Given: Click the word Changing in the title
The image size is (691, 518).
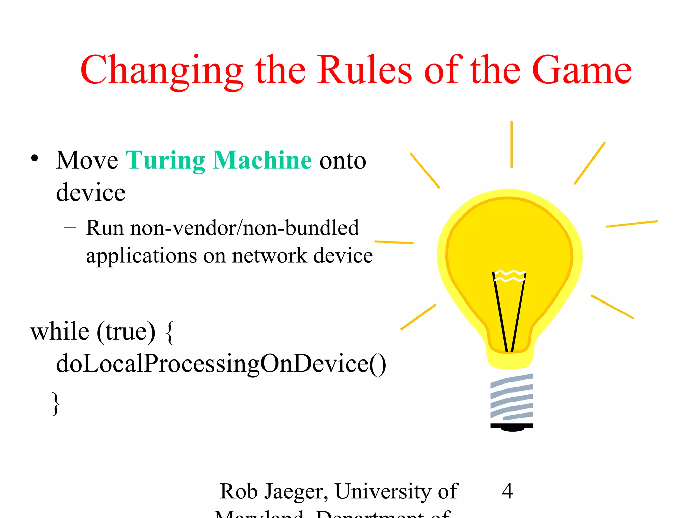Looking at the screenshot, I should [x=162, y=71].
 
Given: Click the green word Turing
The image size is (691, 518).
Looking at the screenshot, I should [x=165, y=161].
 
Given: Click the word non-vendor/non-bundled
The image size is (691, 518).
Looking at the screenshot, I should [x=244, y=228].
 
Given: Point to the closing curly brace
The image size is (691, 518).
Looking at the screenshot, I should [x=56, y=403].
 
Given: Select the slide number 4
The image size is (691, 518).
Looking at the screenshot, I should [x=507, y=491].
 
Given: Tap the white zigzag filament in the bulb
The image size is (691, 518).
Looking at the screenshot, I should [x=509, y=276].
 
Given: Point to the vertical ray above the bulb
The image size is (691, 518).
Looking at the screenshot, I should [x=512, y=144].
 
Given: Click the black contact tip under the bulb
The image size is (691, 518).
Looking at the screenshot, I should [x=512, y=427].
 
